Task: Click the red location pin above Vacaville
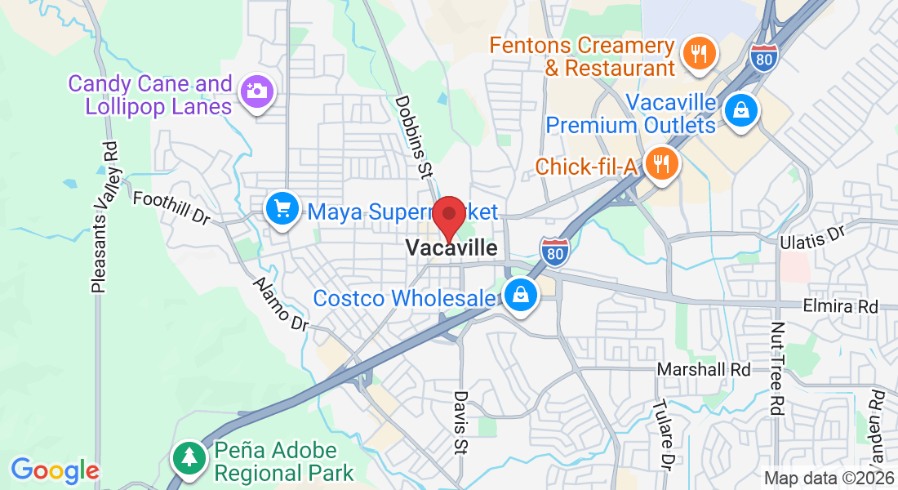tap(448, 215)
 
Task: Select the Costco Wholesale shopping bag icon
tap(520, 296)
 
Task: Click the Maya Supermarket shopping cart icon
tap(282, 211)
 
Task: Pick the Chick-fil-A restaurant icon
tap(658, 165)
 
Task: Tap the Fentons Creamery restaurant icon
tap(698, 54)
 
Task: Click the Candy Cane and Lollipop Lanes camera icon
tap(256, 91)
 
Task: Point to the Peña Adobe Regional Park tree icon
tap(189, 457)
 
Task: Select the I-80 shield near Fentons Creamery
tap(763, 56)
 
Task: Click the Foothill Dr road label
tap(171, 209)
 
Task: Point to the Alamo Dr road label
tap(281, 303)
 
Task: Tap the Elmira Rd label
tap(840, 307)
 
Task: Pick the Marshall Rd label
tap(704, 370)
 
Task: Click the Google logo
tap(55, 470)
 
